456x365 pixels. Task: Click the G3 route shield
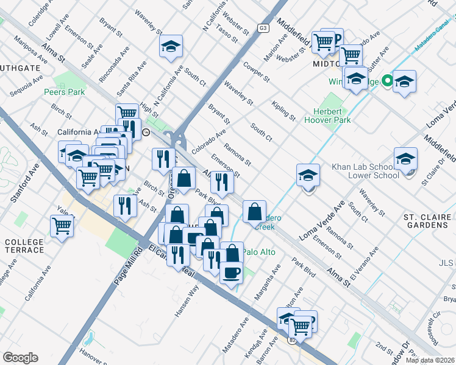263,27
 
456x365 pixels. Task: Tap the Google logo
20,358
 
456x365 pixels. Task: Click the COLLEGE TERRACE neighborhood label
24,246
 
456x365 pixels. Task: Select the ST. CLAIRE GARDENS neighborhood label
426,221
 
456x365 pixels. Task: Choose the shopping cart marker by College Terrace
62,226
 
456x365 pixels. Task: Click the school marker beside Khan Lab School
405,159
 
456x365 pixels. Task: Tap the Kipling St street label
284,110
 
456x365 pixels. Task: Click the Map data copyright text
430,360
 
